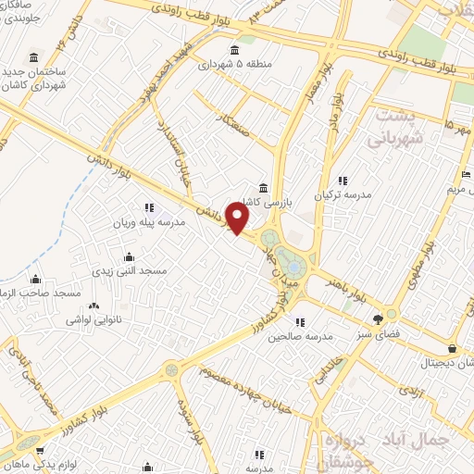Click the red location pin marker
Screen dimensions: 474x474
pos(238,219)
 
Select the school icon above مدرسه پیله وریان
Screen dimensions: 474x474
pos(148,207)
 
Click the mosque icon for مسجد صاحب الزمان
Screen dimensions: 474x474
pos(35,279)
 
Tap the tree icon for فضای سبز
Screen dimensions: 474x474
pos(376,318)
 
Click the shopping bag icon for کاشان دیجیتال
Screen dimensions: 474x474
pos(451,348)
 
